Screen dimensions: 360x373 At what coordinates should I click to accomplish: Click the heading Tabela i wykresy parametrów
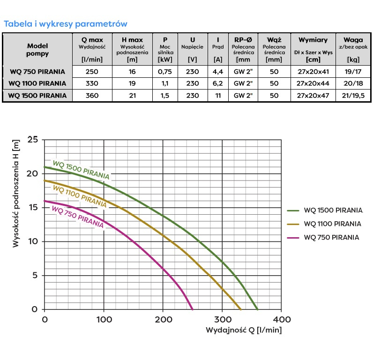point(65,23)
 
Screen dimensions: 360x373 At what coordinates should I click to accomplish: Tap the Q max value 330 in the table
point(92,83)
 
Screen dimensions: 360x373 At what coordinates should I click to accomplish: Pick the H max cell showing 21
point(132,95)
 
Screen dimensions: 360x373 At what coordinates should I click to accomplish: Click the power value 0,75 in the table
point(165,72)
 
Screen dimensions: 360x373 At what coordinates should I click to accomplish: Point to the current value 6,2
point(217,83)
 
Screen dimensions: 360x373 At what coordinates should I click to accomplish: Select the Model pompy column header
point(37,50)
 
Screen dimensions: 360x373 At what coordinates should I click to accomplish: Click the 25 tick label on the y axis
point(32,140)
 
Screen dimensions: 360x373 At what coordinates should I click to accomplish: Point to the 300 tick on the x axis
point(222,320)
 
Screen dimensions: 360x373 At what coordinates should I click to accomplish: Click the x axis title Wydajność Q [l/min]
point(243,330)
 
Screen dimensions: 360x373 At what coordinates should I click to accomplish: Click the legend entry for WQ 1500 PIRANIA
point(333,210)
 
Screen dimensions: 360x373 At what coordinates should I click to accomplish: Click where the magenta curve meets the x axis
point(193,309)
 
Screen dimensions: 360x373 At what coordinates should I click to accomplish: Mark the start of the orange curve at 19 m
point(44,180)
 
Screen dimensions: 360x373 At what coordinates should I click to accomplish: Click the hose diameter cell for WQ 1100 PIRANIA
point(274,83)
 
